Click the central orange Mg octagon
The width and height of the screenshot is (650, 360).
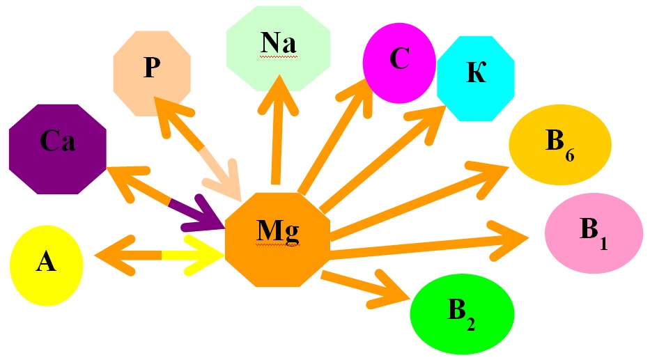[x=277, y=239]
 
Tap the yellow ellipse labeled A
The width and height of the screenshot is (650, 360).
[x=46, y=265]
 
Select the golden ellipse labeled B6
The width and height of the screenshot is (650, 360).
[x=559, y=146]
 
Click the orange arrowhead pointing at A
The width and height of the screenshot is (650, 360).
[x=111, y=255]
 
